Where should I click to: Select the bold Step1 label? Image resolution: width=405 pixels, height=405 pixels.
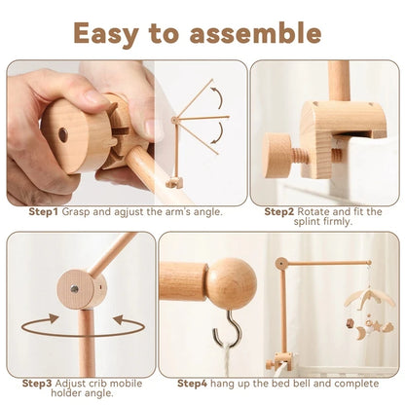tap(43, 210)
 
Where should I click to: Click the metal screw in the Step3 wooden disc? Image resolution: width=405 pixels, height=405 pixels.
tap(74, 288)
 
